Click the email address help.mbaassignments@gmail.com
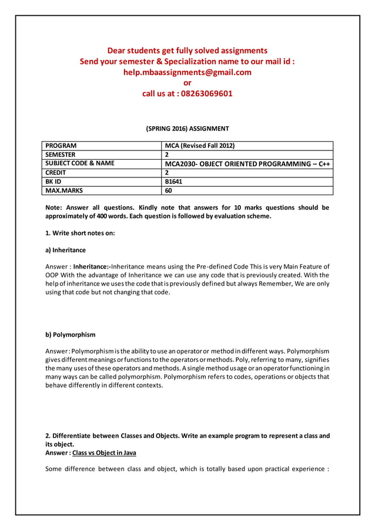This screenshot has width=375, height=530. coord(187,72)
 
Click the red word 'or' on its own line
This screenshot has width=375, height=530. coord(187,83)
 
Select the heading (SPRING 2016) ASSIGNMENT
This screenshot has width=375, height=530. coord(187,129)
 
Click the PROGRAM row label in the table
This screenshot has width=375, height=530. coord(61,146)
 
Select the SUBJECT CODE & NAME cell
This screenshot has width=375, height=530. coord(80,163)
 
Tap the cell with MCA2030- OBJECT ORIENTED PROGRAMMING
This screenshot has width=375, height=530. coord(247,164)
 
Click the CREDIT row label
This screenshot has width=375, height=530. coord(56,173)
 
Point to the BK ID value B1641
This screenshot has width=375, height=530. coord(173,182)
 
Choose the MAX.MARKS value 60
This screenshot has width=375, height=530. coord(169,190)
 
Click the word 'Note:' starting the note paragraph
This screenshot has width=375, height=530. coord(55,207)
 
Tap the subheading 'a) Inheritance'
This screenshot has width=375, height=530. coord(65,250)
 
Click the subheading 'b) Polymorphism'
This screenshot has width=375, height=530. coord(70,335)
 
